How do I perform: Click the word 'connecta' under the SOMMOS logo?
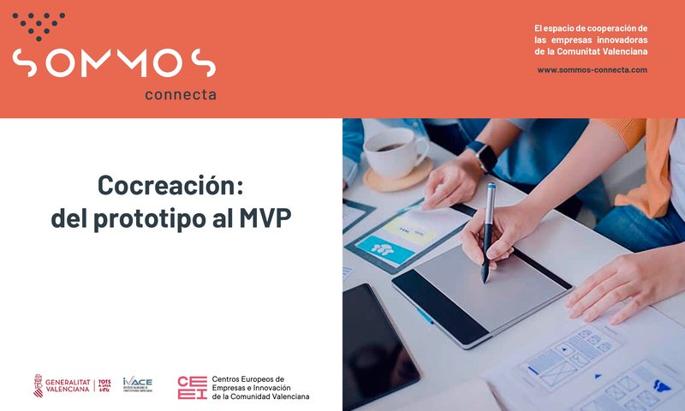pos(180,94)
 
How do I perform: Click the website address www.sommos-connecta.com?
pos(592,69)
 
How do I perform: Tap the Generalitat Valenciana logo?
pos(64,385)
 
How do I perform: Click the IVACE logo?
pos(137,384)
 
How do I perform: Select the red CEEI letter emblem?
pos(191,387)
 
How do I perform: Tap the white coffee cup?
pos(392,152)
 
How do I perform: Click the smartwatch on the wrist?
pos(485,157)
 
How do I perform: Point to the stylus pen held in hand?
pos(488,231)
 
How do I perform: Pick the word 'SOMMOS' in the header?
pos(114,63)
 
